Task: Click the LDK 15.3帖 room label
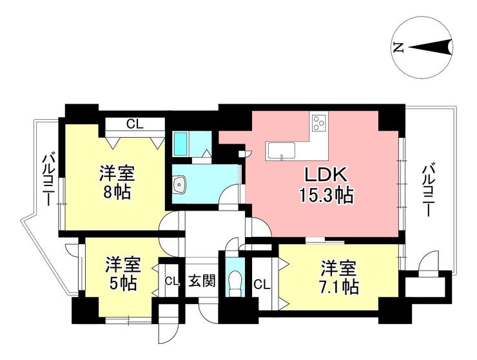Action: click(x=326, y=185)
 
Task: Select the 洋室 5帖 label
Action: click(x=123, y=274)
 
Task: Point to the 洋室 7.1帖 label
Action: click(x=338, y=278)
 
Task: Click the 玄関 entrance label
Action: click(x=202, y=281)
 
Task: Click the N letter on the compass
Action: click(x=398, y=48)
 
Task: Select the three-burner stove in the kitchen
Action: click(x=319, y=122)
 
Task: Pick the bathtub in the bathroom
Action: click(x=180, y=144)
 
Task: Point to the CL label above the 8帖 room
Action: click(x=135, y=124)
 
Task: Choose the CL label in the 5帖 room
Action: click(x=171, y=281)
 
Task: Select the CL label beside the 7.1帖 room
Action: click(x=262, y=285)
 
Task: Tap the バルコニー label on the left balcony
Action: click(x=48, y=180)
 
